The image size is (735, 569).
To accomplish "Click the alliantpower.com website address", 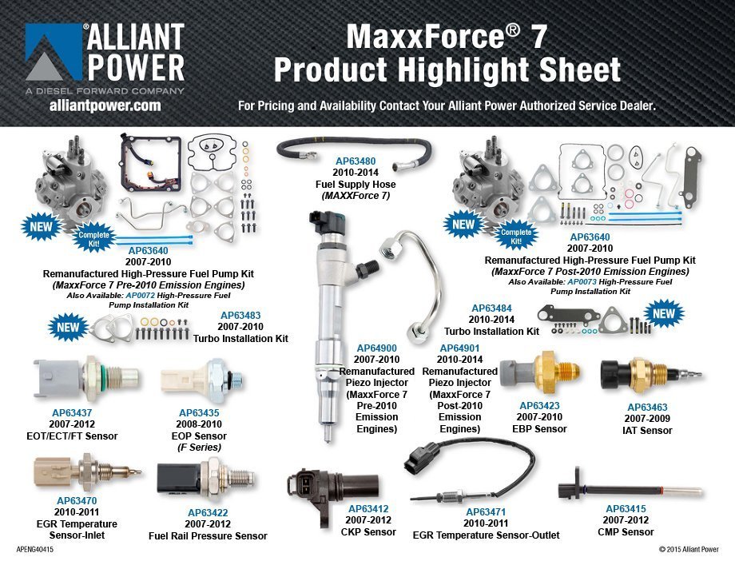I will pos(105,105).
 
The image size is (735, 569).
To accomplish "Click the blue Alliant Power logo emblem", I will pos(53,52).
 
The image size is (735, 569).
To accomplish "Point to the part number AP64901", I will pos(459,348).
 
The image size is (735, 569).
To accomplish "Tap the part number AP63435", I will pos(199,413).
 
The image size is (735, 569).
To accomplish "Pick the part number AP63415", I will pos(626,509).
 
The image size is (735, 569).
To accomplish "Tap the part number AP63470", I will pos(76,501).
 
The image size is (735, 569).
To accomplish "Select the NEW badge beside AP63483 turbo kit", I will pos(69,327).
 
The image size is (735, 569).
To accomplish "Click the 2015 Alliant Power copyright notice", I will pos(689,550).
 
